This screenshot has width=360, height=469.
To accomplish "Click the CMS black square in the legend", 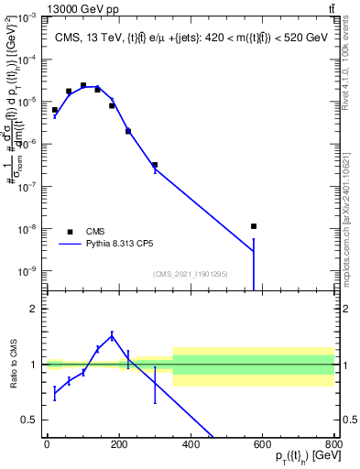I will coord(70,232).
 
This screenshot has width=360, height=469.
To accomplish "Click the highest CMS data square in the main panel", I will coord(83,85).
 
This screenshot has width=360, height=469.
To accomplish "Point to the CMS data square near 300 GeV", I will coord(155,165).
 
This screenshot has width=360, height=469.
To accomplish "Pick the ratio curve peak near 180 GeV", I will coord(112,336).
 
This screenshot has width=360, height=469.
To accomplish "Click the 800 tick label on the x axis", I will coord(333,444).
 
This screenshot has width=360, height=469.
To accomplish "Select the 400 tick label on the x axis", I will coord(190,444).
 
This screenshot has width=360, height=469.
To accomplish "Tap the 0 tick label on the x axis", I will coord(47,444).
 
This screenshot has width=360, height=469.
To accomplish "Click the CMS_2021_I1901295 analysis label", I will coord(190,274).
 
